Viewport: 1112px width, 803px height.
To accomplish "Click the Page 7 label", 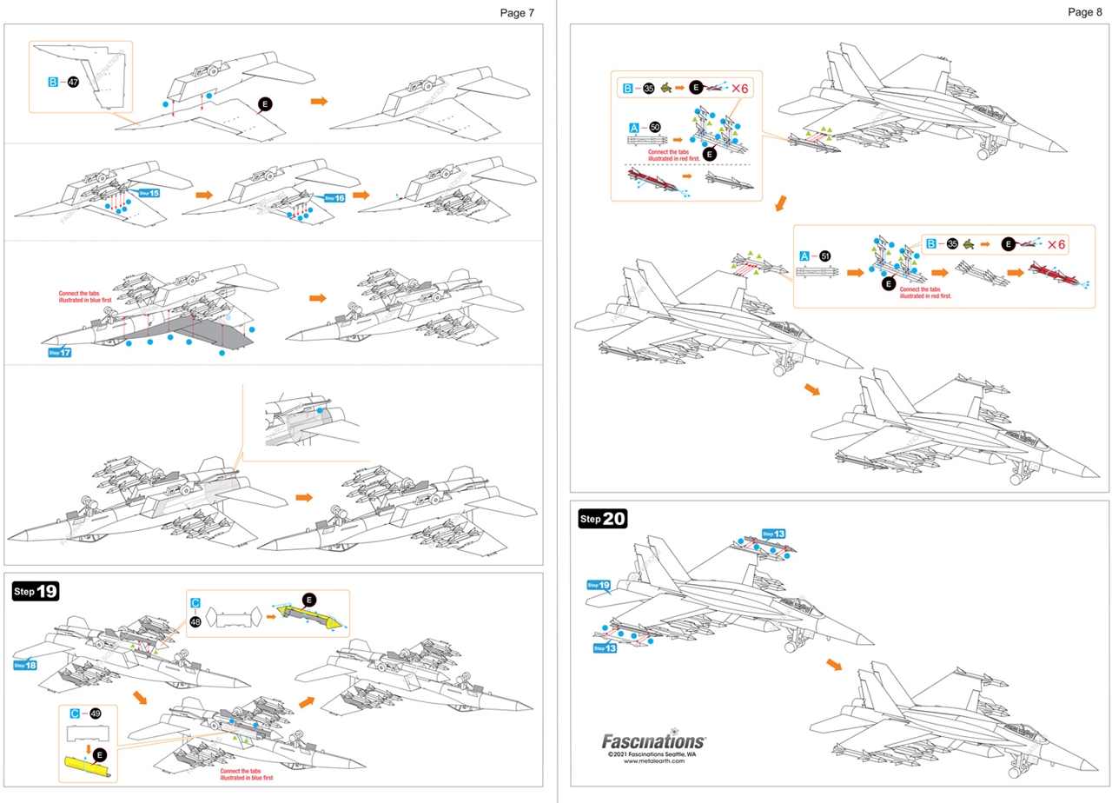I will (517, 12).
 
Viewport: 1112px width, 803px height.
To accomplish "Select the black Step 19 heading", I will (36, 592).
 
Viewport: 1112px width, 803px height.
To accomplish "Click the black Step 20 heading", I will (602, 519).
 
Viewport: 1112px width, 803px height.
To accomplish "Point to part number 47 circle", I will (74, 82).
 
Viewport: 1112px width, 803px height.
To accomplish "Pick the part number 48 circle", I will (195, 621).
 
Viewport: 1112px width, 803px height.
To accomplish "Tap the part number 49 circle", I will (96, 713).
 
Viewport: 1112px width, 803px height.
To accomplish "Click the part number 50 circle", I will (654, 127).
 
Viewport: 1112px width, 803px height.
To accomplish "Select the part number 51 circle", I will (824, 256).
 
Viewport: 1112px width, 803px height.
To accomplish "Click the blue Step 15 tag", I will (149, 193).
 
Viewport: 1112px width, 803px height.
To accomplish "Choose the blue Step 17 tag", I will (60, 352).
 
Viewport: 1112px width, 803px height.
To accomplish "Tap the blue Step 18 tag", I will (25, 665).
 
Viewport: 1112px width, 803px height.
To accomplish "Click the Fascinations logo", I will (653, 741).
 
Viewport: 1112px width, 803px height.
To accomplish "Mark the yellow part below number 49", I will (86, 766).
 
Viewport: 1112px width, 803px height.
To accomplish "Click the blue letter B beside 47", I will (53, 82).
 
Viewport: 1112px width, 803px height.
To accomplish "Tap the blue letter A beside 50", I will (634, 127).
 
